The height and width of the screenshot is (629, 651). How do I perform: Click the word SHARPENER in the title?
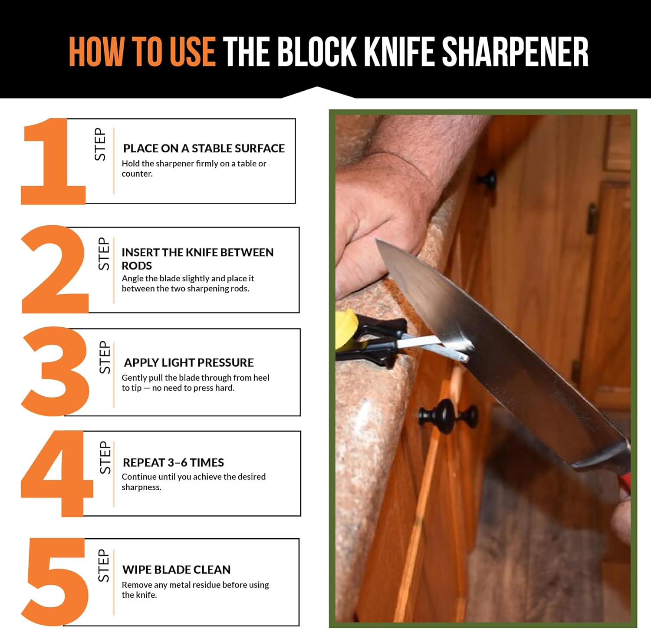point(515,52)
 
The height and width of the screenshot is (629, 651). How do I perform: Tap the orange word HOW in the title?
point(96,52)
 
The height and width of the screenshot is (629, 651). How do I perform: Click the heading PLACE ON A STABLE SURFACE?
point(204,148)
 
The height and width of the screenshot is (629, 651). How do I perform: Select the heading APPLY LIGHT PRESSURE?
point(189,362)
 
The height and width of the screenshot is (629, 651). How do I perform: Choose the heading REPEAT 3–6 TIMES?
point(173,462)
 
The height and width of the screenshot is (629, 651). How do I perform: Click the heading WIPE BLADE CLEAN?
point(176,570)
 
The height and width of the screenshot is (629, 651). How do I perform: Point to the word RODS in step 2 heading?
point(137,266)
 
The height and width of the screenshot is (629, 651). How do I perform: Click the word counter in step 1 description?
point(137,174)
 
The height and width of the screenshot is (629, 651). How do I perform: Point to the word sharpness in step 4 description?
point(141,487)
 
